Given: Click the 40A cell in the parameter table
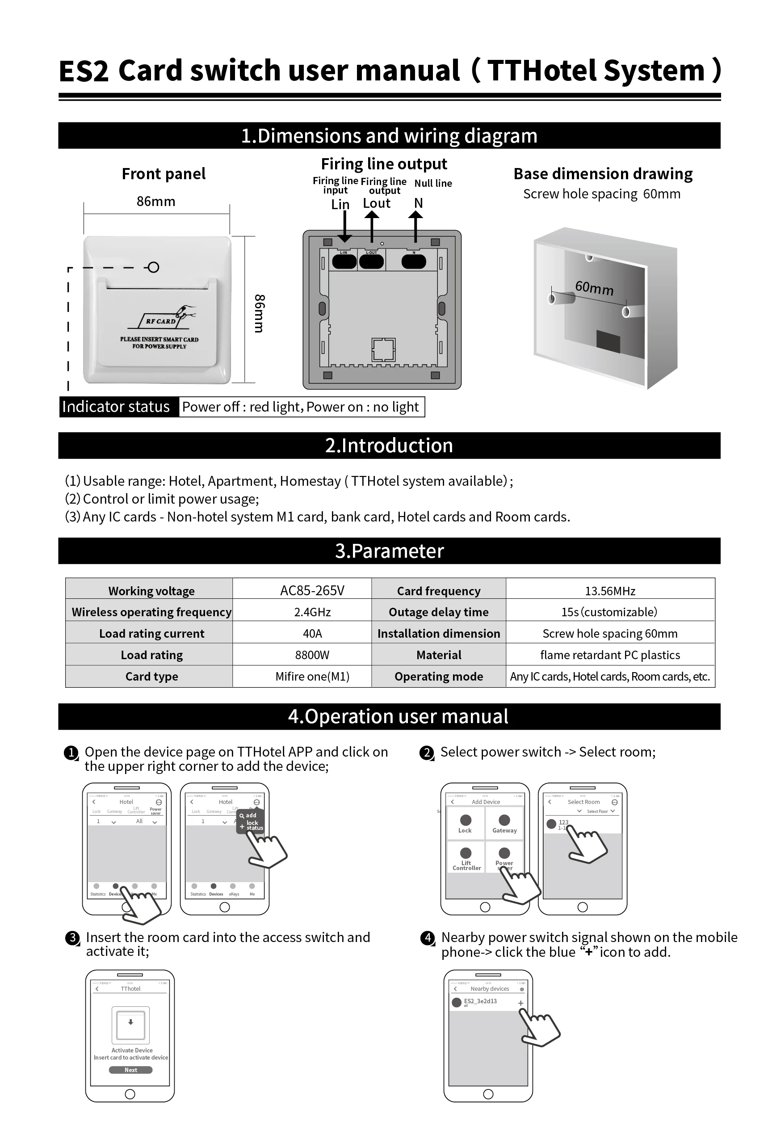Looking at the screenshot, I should click(x=312, y=633).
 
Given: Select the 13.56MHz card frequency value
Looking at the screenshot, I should click(x=610, y=591).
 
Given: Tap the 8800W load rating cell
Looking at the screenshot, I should click(x=312, y=655).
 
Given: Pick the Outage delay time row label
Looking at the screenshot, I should click(x=438, y=612).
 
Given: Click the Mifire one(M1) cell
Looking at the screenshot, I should click(x=312, y=677).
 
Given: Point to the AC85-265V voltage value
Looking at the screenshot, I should click(x=312, y=590).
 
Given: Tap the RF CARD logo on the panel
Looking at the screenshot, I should click(x=161, y=321).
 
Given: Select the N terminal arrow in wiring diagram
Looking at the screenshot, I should click(x=416, y=225).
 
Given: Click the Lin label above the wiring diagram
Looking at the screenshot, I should click(x=340, y=204).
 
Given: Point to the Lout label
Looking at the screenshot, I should click(x=376, y=203).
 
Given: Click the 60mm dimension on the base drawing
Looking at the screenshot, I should click(x=594, y=288).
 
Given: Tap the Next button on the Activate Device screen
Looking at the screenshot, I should click(x=130, y=1070).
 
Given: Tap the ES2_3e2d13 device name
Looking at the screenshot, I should click(x=480, y=1001).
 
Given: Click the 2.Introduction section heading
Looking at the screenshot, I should click(x=389, y=446).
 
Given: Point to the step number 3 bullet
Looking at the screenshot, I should click(x=72, y=938).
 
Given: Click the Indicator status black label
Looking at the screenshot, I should click(x=116, y=407).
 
